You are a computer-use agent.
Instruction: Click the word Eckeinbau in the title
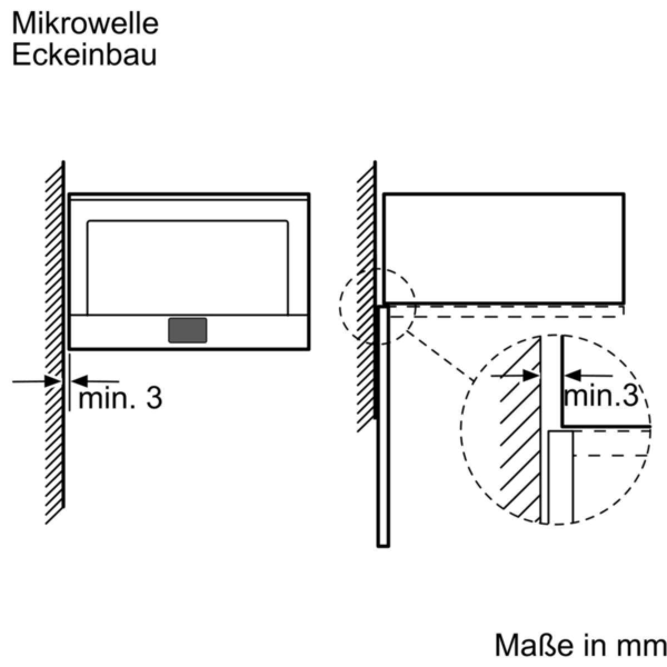point(84,54)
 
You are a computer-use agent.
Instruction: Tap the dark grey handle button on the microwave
point(188,330)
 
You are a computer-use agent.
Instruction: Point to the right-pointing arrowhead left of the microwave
point(53,381)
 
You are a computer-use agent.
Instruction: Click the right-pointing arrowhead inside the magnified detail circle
point(530,376)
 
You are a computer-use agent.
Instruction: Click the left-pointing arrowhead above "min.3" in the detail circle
point(573,376)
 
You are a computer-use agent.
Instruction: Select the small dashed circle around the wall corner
point(340,307)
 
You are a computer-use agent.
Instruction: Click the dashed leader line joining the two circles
point(440,356)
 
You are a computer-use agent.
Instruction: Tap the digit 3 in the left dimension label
point(154,399)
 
